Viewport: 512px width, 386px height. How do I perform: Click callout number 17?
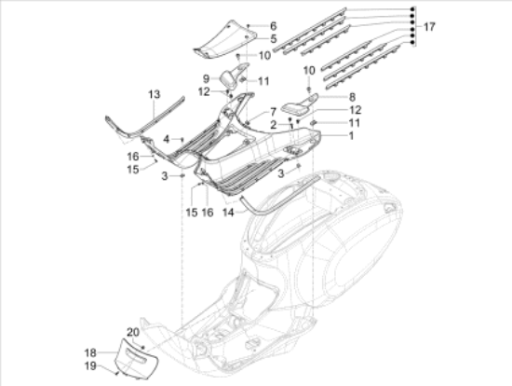[x=428, y=27]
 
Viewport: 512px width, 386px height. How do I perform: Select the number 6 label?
[x=273, y=25]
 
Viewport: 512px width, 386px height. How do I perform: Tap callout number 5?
[x=273, y=38]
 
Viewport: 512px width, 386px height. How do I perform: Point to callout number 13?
[x=154, y=95]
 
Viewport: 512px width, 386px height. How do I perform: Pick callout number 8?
[x=351, y=96]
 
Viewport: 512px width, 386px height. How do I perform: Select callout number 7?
[x=273, y=112]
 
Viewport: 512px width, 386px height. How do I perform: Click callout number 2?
[x=273, y=124]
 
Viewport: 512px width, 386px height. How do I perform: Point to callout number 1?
[x=351, y=136]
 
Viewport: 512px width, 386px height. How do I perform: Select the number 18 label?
[x=90, y=352]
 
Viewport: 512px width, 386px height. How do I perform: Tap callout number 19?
[x=90, y=365]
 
